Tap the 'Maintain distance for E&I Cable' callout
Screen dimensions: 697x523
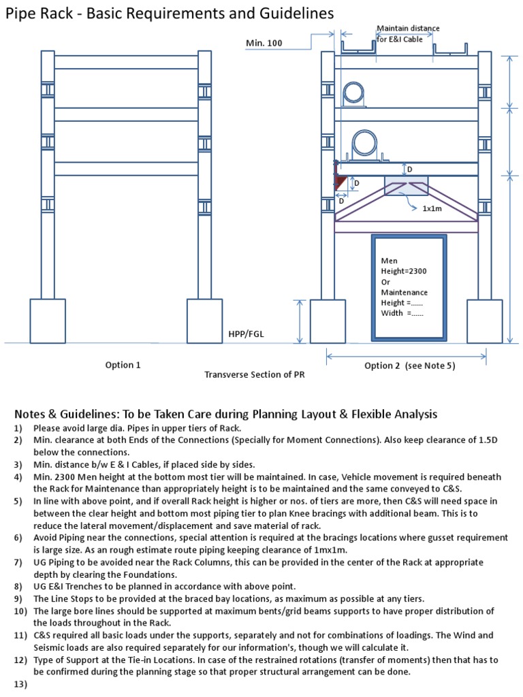click(x=408, y=33)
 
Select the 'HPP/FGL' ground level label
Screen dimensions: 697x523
click(x=245, y=334)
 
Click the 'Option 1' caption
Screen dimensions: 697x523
click(x=123, y=365)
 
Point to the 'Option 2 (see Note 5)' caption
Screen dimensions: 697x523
click(x=409, y=366)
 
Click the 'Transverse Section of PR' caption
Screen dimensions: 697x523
click(x=254, y=375)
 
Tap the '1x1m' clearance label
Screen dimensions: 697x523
click(x=432, y=208)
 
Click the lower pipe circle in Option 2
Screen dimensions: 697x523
click(x=362, y=144)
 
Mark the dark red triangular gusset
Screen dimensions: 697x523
click(x=340, y=182)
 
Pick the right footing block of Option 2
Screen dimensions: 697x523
click(x=484, y=321)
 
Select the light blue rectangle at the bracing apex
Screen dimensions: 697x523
click(x=407, y=185)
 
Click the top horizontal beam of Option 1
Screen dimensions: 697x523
click(x=127, y=62)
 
